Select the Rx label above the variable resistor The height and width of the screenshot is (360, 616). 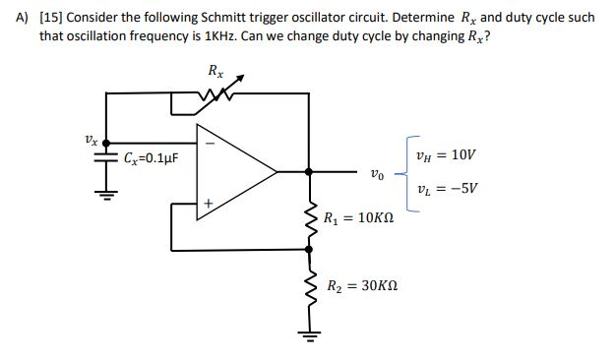(x=216, y=71)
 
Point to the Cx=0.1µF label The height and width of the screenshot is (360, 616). (x=151, y=157)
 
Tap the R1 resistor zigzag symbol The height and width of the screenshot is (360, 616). (x=311, y=221)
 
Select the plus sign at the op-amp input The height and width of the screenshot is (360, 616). (x=207, y=204)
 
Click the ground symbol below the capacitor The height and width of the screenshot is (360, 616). (x=105, y=192)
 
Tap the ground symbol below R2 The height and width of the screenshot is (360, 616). (x=311, y=337)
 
